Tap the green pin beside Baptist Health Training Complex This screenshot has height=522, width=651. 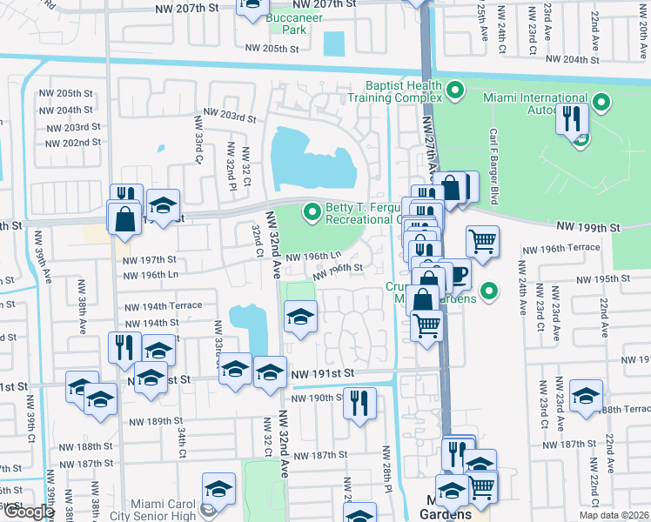[453, 90]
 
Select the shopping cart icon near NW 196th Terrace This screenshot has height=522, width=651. [482, 240]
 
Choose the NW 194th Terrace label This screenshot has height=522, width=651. [163, 306]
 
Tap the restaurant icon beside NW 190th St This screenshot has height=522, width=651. [359, 402]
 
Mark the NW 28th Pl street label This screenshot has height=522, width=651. [385, 474]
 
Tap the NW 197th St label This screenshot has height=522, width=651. [149, 259]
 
